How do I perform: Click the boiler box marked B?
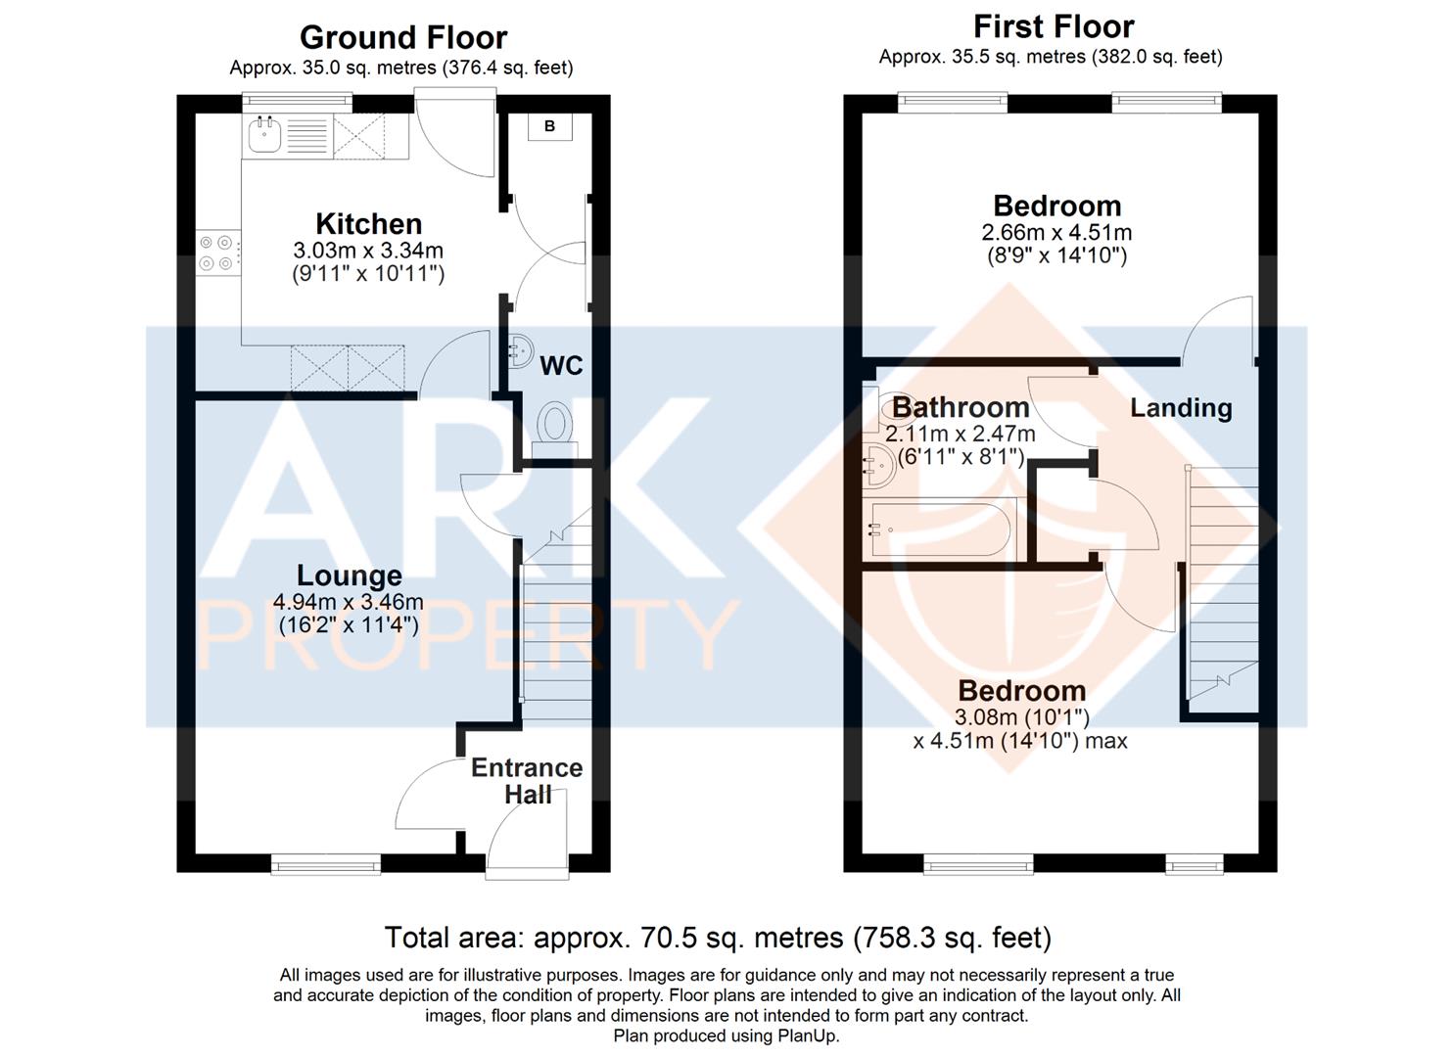[550, 126]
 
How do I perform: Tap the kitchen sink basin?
[264, 135]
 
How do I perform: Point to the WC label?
[561, 366]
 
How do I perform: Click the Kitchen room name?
[369, 224]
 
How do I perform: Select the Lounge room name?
[350, 575]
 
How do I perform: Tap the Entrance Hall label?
[527, 781]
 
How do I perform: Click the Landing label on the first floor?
[1182, 408]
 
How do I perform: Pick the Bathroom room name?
[961, 407]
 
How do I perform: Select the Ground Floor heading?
[403, 37]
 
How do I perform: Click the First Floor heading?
[1054, 27]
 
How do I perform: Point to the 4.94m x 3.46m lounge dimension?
[348, 602]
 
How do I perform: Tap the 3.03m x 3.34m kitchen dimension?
[368, 251]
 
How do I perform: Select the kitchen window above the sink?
[298, 103]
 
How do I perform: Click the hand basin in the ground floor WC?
[520, 351]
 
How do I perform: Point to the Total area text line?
[718, 939]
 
